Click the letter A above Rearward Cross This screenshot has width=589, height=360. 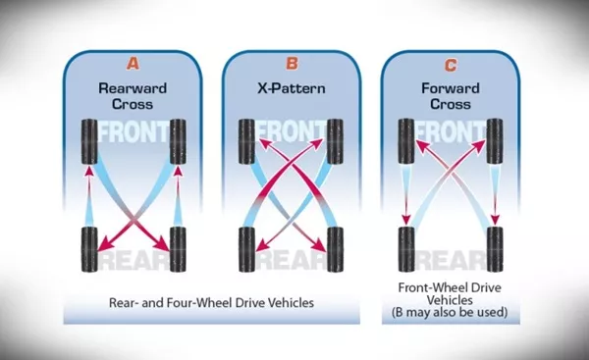(135, 65)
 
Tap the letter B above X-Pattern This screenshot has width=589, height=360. (292, 65)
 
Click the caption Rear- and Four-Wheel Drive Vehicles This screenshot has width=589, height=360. (213, 303)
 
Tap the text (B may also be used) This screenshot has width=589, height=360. (451, 313)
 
